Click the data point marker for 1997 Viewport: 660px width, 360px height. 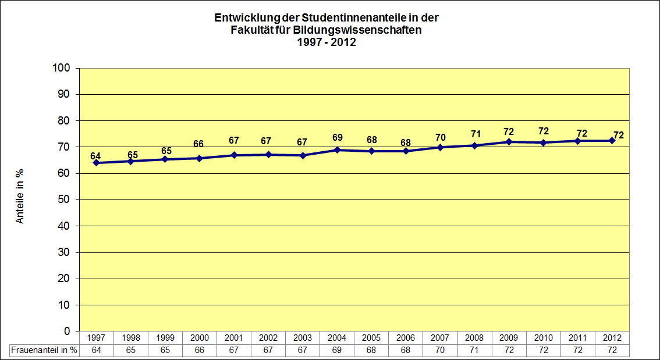point(96,163)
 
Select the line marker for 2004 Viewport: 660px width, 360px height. point(337,150)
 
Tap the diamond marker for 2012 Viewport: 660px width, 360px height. point(612,141)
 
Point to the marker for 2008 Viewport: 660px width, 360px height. point(474,145)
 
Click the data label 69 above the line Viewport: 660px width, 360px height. point(337,138)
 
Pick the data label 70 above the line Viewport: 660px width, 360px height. point(441,137)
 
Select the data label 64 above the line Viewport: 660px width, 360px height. point(95,156)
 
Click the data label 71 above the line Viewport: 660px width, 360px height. point(476,134)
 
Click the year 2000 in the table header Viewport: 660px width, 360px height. point(199,338)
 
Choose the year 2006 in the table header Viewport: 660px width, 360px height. point(406,338)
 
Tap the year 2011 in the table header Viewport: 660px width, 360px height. point(577,338)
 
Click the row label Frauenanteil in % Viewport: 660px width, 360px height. point(44,350)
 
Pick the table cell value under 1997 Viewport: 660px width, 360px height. point(96,350)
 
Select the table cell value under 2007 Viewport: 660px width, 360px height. point(440,350)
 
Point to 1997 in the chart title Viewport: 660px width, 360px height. point(308,42)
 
